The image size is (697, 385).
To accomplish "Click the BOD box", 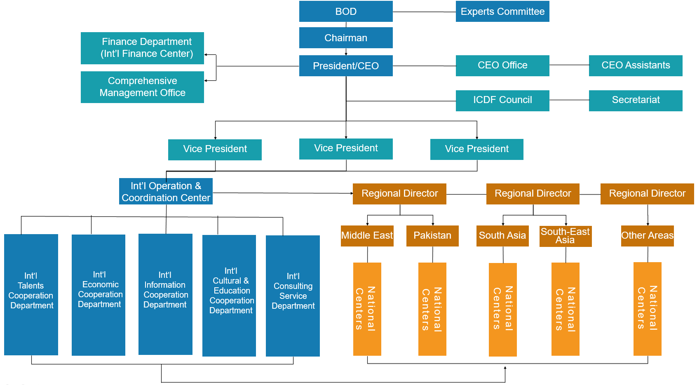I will coord(346,12).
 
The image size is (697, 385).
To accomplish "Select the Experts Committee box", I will coord(502,12).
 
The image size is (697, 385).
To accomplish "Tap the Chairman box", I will coord(346,38).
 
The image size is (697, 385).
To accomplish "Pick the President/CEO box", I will coord(346,66).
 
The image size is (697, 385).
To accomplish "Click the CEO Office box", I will coord(502,66).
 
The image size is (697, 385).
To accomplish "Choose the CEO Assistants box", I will coord(636,66).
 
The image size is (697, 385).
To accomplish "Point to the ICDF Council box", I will coord(502,101).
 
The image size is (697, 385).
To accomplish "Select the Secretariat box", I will coord(636,101).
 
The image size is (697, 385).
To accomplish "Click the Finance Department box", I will coord(142,48).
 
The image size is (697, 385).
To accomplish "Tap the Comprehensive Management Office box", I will coord(142,87).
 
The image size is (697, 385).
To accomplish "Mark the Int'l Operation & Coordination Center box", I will coord(166,192).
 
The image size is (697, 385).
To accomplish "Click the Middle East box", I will coord(367,236).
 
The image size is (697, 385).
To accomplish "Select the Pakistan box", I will coord(432,236).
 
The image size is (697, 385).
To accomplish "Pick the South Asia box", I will coord(502,236).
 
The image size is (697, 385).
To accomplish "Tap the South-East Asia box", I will coord(566,236).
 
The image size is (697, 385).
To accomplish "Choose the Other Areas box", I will coord(647,236).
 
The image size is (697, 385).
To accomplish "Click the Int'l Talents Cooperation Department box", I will coord(31,294).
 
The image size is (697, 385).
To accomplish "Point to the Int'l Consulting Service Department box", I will coord(293,296).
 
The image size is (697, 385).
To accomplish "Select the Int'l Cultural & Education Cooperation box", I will coord(229,296).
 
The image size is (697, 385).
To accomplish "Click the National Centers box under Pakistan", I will coord(432,309).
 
